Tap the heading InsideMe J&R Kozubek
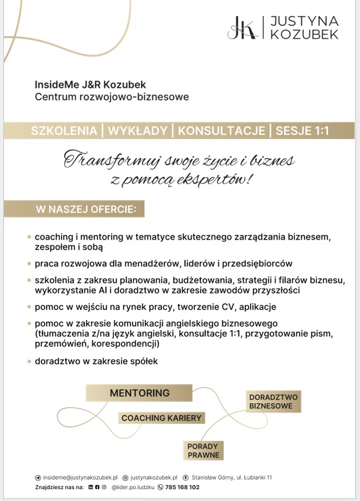tap(90, 84)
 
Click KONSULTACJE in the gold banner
tap(222, 131)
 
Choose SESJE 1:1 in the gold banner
tap(303, 131)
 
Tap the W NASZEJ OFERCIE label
tap(85, 210)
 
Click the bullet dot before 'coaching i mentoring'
tap(29, 236)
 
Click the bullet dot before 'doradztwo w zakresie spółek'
tap(29, 361)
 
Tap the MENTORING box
tap(140, 393)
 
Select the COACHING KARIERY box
tap(161, 418)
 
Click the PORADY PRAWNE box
tap(203, 450)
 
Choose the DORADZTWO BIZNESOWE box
tap(273, 401)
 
